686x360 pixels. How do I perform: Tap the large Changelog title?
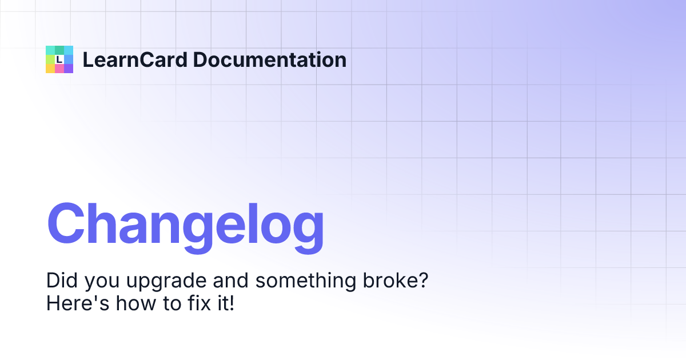click(185, 224)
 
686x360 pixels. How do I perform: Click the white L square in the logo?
click(59, 59)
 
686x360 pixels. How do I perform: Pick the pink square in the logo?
click(59, 69)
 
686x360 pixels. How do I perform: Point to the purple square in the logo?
click(69, 69)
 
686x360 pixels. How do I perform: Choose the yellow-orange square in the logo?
click(50, 69)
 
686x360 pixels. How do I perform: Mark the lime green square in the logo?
click(50, 59)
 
